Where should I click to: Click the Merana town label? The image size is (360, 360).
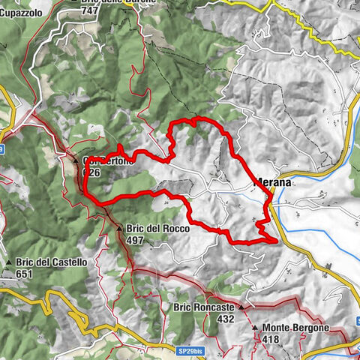tap(271, 182)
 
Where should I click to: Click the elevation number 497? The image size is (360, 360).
tap(136, 240)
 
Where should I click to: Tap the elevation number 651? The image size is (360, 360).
tap(25, 274)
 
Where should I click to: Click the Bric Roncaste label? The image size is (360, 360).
tap(205, 307)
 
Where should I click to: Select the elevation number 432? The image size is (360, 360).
tap(226, 319)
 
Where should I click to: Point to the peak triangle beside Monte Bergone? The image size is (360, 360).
tap(255, 328)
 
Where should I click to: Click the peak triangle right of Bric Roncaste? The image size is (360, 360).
tap(242, 307)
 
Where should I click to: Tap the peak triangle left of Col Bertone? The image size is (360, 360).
tap(76, 159)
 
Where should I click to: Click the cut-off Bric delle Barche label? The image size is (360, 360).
tap(118, 2)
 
